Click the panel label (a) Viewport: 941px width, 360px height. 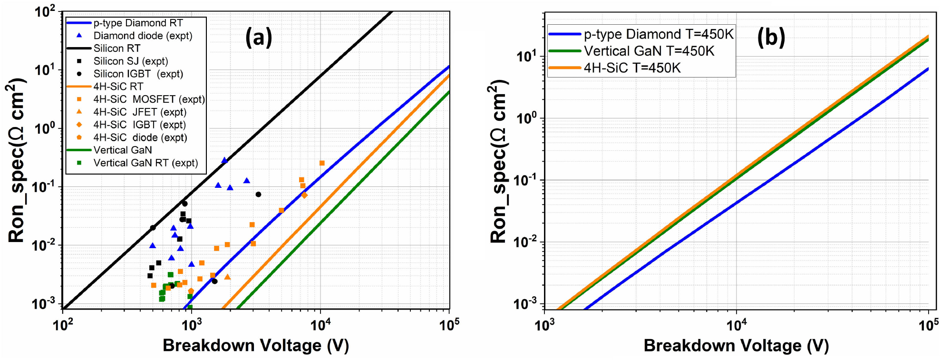tap(259, 37)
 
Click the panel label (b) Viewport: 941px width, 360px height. tap(771, 37)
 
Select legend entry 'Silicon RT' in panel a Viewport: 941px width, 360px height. tap(116, 49)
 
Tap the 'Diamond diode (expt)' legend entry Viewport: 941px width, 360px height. tap(143, 36)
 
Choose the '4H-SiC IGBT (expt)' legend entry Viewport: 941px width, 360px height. tap(139, 125)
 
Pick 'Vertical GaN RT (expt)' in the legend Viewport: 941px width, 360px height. tap(146, 163)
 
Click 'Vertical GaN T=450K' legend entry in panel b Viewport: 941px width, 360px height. tap(649, 51)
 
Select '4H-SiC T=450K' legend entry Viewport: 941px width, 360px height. tap(632, 68)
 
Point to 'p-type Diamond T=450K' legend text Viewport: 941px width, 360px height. tap(659, 34)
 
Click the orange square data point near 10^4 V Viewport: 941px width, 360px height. tap(322, 163)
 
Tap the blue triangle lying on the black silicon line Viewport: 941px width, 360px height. tap(224, 161)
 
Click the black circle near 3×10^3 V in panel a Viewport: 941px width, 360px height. tap(258, 195)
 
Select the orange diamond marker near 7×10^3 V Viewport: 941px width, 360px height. tap(304, 195)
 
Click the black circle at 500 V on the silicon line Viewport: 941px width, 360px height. tap(153, 228)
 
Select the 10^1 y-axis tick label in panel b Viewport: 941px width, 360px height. tap(526, 57)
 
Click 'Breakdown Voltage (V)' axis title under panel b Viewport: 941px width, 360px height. tap(736, 346)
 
